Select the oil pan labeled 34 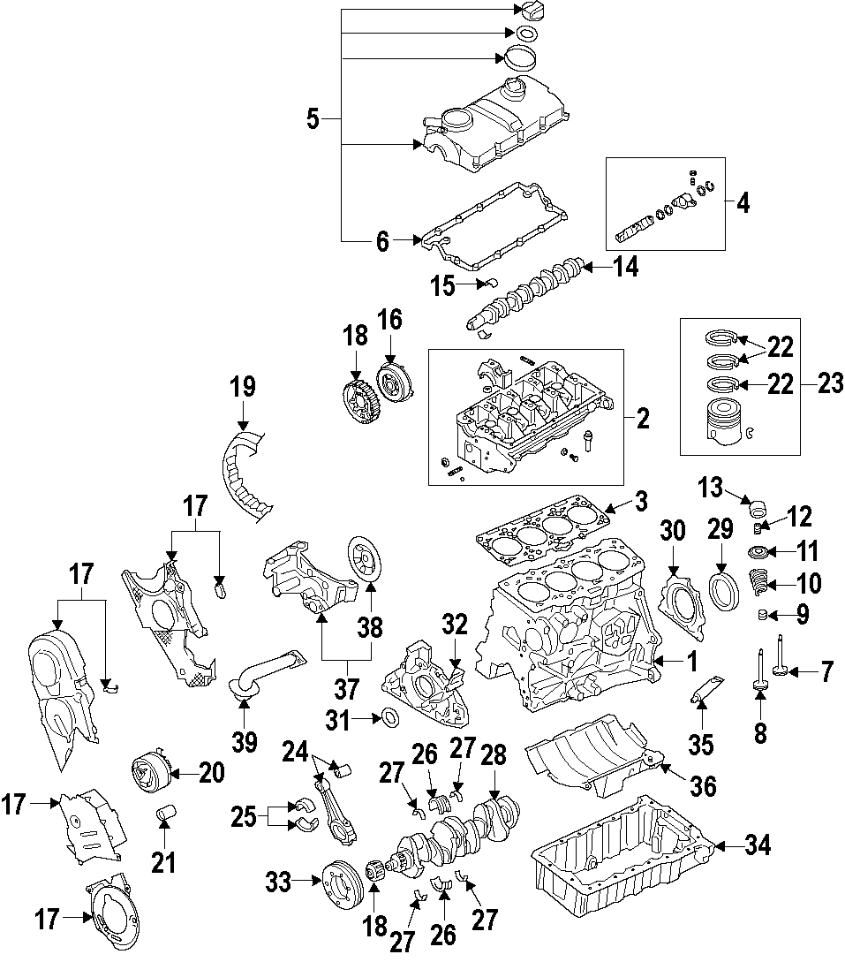coord(618,852)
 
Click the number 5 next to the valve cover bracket coord(313,118)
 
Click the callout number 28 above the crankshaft coord(494,756)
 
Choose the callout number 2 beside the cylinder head coord(642,419)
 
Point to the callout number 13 coord(711,487)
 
